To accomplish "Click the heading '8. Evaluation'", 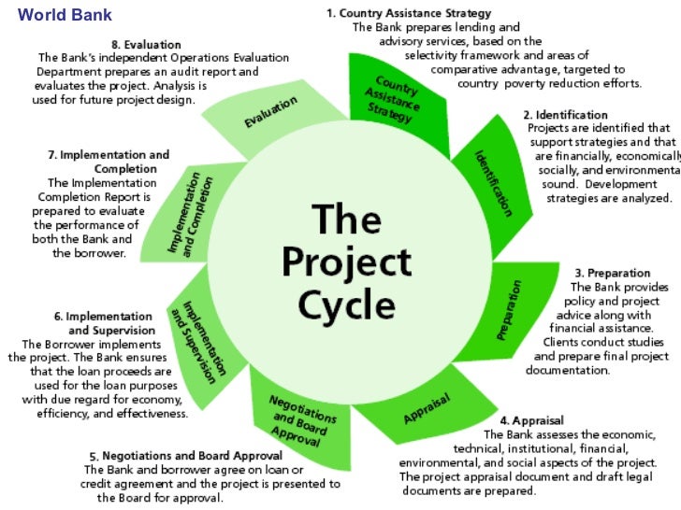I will [x=147, y=44].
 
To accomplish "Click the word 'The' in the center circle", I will [x=346, y=221].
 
